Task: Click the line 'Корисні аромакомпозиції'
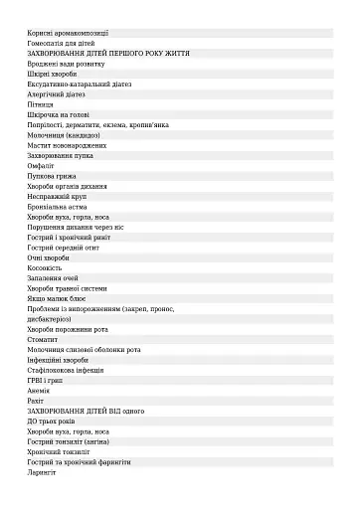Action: [68, 33]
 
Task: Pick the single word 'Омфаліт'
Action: [42, 165]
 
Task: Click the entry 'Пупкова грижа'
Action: [52, 175]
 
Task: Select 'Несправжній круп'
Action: [58, 196]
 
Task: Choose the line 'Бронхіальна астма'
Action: [59, 206]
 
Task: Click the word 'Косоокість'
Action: [45, 267]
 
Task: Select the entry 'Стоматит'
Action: [43, 339]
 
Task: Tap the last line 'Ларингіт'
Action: [42, 472]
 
